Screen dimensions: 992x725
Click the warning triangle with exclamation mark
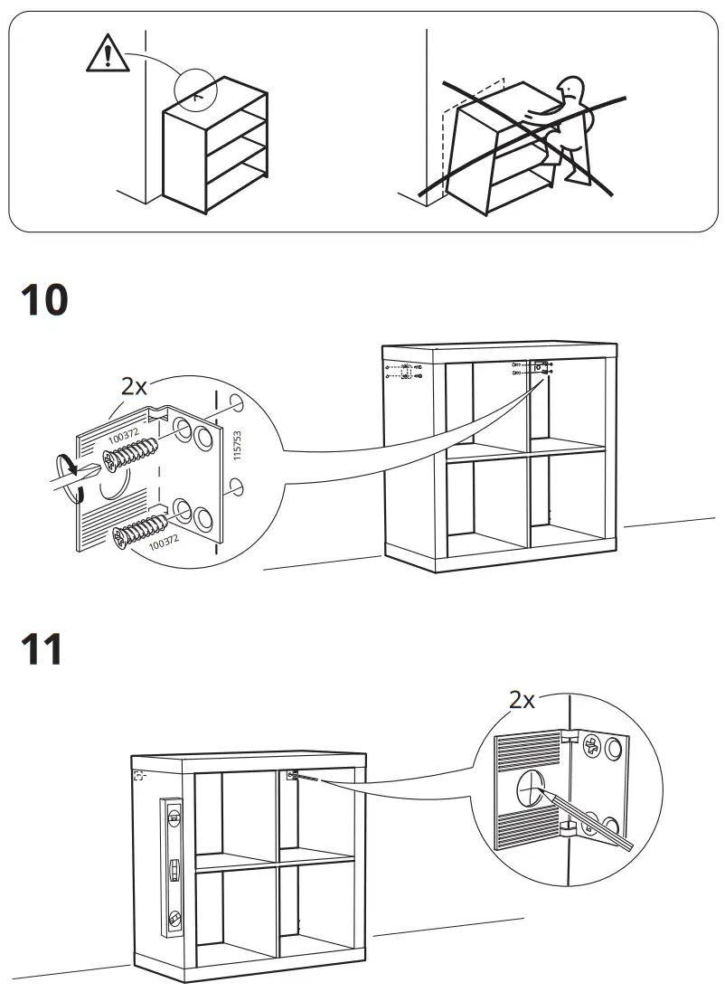click(x=108, y=56)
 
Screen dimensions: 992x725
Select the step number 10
click(x=44, y=299)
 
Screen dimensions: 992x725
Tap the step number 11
click(x=42, y=649)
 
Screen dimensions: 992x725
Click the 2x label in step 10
click(x=134, y=387)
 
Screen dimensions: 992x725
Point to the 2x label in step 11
click(x=522, y=699)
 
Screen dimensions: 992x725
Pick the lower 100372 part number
click(x=164, y=543)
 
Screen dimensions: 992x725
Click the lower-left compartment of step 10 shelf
click(x=485, y=503)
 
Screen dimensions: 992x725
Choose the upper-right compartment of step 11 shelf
click(x=317, y=810)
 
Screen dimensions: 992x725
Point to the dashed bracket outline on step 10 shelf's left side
click(x=406, y=370)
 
